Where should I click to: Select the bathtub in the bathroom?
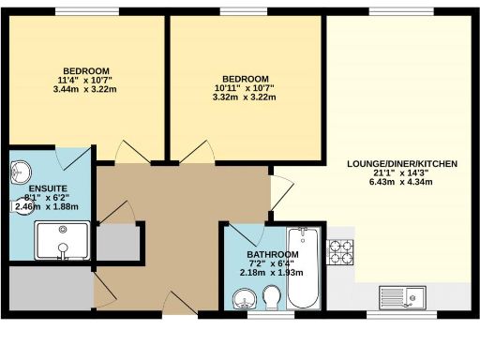tap(304, 270)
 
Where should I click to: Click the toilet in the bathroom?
tap(274, 299)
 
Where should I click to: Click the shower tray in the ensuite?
tap(64, 242)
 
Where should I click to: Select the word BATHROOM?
tap(273, 255)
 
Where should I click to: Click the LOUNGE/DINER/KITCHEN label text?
tap(402, 164)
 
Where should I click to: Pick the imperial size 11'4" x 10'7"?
tap(86, 80)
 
